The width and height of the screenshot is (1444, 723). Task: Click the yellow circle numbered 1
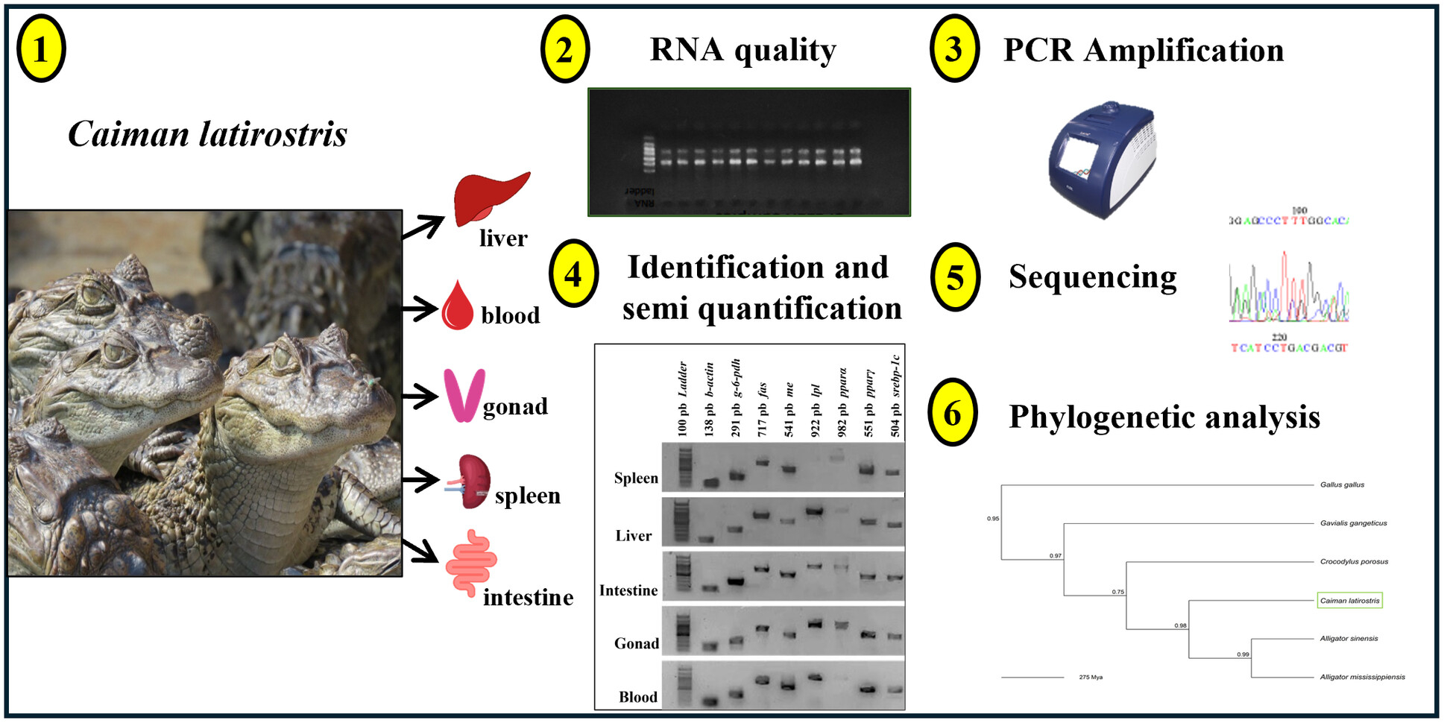[41, 49]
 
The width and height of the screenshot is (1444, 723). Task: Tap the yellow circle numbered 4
[573, 274]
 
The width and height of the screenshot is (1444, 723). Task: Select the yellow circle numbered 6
[953, 413]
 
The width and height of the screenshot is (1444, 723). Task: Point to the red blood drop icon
[458, 306]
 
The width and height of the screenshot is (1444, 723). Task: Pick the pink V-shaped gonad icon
[464, 395]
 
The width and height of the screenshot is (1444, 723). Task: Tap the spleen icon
[471, 482]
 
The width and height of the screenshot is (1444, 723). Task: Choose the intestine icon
[471, 562]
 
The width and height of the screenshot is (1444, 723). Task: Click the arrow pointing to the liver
[423, 226]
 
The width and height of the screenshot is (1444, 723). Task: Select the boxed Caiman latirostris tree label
[1349, 601]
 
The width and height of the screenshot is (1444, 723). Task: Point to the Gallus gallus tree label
[1342, 484]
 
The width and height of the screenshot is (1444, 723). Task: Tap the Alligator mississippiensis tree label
[1362, 677]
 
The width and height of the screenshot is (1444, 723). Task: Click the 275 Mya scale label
[1091, 678]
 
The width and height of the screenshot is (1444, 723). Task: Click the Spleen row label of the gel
[636, 478]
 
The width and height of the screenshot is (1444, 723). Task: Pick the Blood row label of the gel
[638, 697]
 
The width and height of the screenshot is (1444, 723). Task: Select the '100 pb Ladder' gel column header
[682, 399]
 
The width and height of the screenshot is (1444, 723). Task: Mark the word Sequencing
[1092, 277]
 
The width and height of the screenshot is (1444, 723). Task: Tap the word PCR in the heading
[1038, 50]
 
